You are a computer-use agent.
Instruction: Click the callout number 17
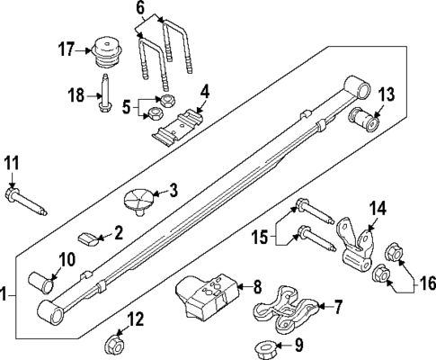point(66,50)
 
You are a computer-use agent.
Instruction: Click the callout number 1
point(6,294)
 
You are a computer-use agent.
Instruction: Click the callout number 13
point(386,94)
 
